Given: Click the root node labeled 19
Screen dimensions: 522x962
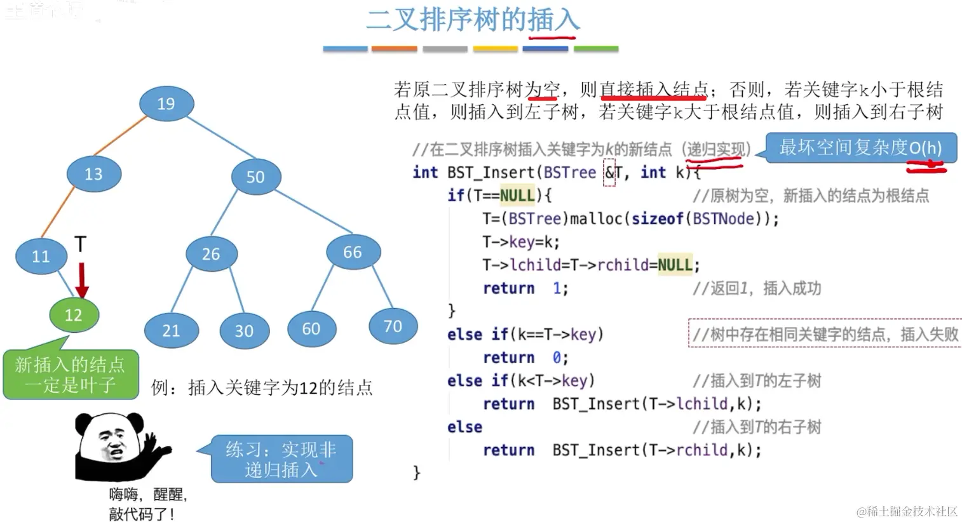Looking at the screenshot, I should tap(166, 104).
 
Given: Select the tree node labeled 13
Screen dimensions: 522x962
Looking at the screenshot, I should tap(93, 174).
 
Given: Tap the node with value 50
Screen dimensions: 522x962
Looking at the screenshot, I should tap(255, 177).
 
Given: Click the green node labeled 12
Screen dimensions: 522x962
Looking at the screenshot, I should tap(74, 315).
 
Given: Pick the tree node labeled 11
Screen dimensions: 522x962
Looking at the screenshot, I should tap(41, 256).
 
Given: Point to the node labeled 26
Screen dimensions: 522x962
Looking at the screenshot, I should tap(211, 254).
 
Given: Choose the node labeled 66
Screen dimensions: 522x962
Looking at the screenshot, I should tap(353, 252).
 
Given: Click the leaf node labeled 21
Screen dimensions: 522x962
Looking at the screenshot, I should tap(171, 330).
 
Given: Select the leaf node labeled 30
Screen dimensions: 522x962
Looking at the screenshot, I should tap(244, 330).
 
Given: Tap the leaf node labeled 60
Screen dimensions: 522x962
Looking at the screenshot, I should tap(311, 328).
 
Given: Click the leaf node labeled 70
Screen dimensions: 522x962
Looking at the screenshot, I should tap(393, 326).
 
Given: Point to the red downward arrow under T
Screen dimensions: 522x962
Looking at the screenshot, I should tap(81, 279).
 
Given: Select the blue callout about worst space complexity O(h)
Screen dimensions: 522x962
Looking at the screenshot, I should tap(860, 148).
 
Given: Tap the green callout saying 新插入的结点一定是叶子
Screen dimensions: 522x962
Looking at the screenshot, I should tap(71, 375).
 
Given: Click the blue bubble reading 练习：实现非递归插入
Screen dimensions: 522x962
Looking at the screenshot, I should tap(281, 459).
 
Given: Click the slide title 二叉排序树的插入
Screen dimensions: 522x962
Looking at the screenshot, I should tap(473, 20).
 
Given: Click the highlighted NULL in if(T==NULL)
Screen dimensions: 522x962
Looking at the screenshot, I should tap(517, 196).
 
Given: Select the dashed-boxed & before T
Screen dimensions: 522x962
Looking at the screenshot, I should tap(609, 173).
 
